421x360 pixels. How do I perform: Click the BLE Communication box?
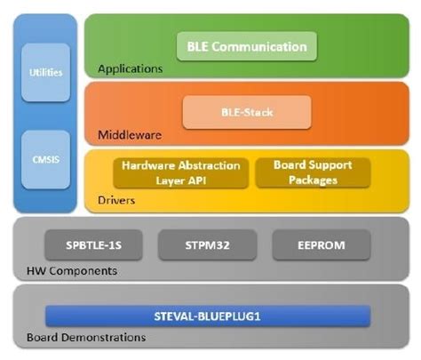tap(246, 46)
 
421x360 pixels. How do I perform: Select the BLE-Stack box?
tap(246, 113)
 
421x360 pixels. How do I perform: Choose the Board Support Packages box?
tap(312, 172)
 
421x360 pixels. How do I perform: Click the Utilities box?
tap(45, 72)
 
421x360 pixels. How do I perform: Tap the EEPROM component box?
tap(317, 242)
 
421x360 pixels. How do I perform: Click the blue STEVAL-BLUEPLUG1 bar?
tap(208, 316)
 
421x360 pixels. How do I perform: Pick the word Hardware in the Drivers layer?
tap(147, 165)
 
